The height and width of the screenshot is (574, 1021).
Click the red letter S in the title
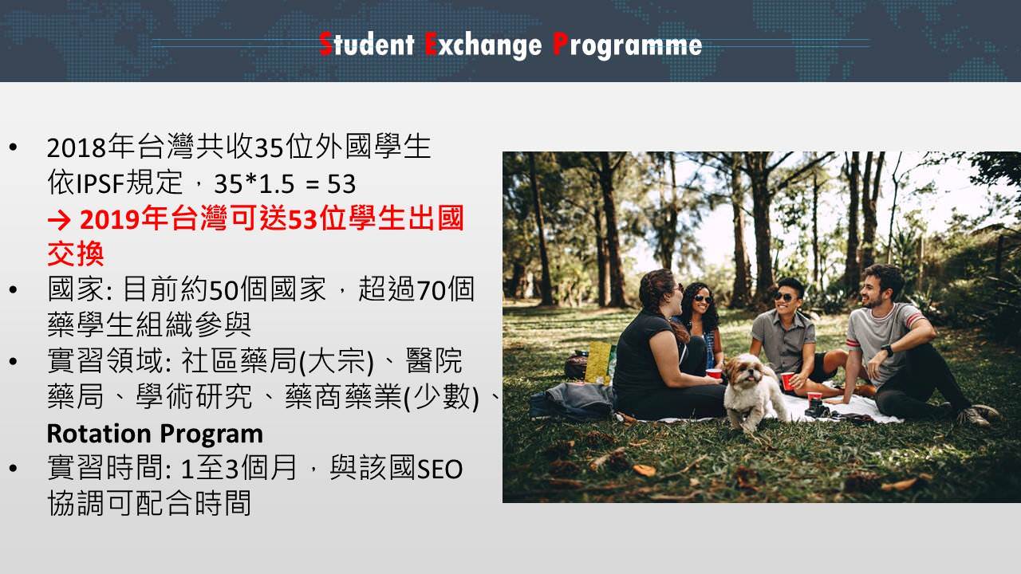325,44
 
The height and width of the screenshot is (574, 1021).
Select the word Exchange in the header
483,45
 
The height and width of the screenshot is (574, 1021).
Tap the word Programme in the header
627,45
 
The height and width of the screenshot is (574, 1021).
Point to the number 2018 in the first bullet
77,147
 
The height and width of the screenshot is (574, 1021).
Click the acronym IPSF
100,183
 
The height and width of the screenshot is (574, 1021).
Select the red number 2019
110,219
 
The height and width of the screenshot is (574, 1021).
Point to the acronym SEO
440,470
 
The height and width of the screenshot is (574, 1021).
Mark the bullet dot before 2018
13,147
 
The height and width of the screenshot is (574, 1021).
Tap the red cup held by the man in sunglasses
787,381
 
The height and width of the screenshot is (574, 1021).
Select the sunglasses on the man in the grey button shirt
784,297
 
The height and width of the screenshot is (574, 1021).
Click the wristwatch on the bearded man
887,351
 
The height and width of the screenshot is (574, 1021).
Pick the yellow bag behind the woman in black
598,363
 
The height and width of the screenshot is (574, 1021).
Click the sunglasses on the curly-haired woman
703,299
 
